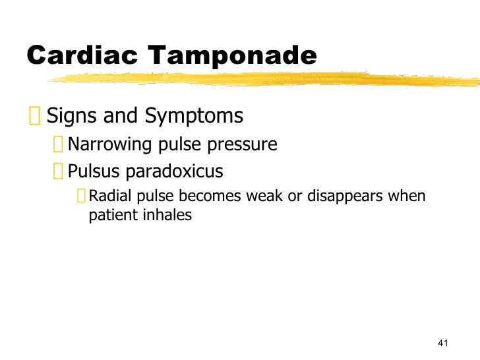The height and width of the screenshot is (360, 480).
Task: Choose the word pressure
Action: coord(244,144)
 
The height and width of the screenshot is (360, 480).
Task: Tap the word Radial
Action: coord(106,196)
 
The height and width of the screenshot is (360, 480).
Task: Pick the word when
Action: coord(410,196)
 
